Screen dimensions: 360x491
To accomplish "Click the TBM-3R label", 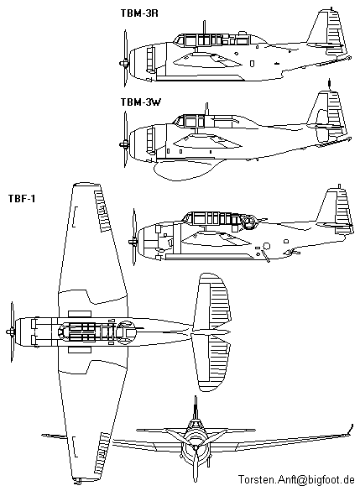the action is (x=139, y=13).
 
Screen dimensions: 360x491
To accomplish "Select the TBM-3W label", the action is (x=140, y=102).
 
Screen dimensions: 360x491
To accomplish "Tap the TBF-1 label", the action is (x=22, y=199).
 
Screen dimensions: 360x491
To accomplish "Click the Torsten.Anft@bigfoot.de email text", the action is (x=296, y=479).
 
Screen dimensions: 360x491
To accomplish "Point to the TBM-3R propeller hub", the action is (x=124, y=64).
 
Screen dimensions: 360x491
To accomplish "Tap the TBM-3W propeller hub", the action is (x=124, y=144).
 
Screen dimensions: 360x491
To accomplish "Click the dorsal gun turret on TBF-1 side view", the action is (x=249, y=222).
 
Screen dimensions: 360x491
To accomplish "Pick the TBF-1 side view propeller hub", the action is (x=133, y=242).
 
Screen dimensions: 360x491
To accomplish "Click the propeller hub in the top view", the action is (x=10, y=332).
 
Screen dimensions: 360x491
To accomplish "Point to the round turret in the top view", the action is (x=125, y=332).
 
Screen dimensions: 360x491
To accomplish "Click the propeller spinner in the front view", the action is (x=196, y=448).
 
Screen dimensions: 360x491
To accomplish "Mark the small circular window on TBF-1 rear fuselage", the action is (x=267, y=246).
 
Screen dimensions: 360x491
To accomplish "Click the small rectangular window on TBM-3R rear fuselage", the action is (x=253, y=64).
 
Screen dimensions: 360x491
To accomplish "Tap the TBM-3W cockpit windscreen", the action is (x=178, y=122).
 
